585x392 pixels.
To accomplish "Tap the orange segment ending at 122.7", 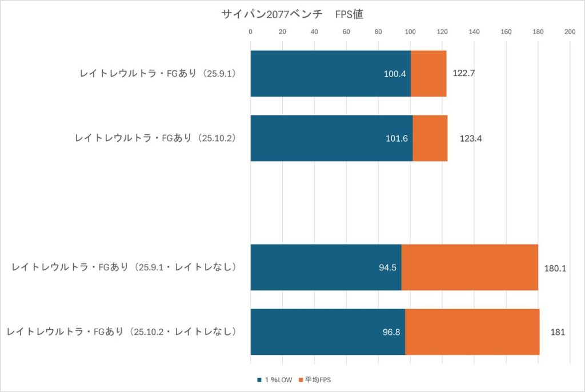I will (x=428, y=73).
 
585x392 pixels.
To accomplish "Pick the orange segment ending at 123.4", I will (x=430, y=138).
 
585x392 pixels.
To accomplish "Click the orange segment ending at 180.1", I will (x=470, y=267).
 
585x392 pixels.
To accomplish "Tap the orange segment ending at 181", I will (x=472, y=332).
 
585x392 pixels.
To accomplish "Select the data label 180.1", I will (x=555, y=268).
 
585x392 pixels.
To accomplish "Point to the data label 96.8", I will (x=390, y=333).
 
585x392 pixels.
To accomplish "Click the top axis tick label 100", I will (x=410, y=32).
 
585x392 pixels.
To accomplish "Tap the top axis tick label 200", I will (x=570, y=32).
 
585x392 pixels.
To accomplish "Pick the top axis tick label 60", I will (x=346, y=32).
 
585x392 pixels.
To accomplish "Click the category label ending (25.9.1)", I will (x=158, y=74).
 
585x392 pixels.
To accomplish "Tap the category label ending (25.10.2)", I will (x=155, y=138).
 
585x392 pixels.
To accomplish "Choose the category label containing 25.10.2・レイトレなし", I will (x=121, y=332).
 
